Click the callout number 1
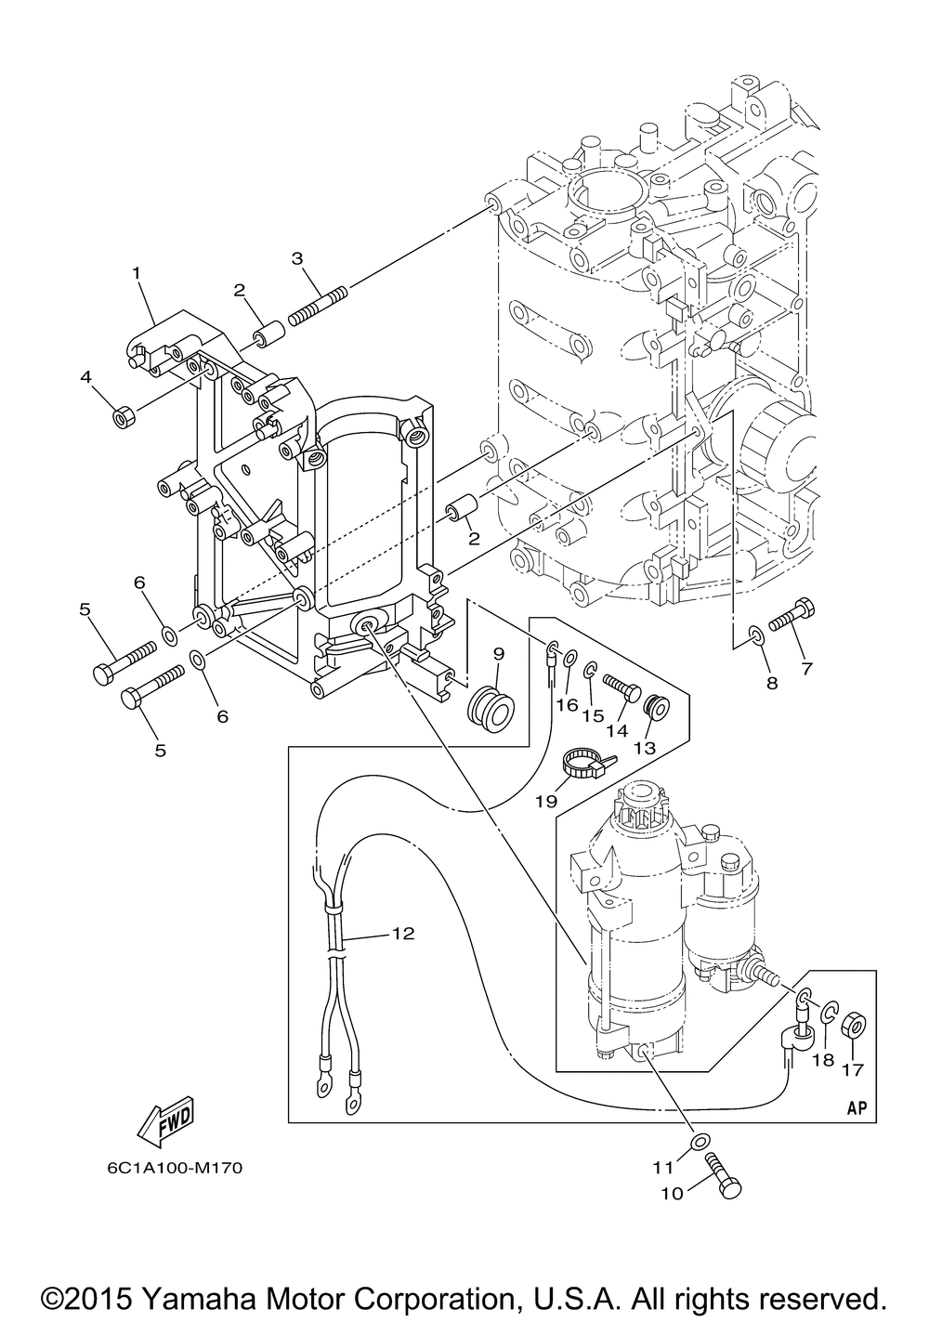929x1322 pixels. pos(137,273)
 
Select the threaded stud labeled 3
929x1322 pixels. pos(318,305)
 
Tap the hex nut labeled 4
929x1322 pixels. pos(124,418)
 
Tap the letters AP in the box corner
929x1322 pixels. pos(857,1107)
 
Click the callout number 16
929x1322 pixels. pos(568,705)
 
